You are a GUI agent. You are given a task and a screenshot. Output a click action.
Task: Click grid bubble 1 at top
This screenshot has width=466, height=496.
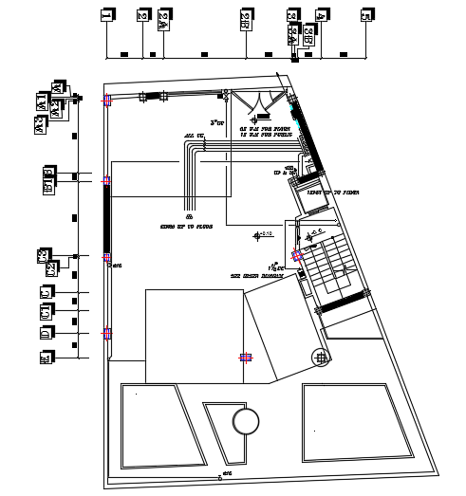[x=105, y=15]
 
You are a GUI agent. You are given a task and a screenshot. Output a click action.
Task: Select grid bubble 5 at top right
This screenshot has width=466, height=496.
[x=365, y=15]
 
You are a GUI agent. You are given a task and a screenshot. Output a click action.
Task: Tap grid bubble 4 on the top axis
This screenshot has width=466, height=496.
[x=322, y=15]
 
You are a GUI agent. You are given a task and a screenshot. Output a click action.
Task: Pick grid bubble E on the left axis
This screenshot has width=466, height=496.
[x=46, y=358]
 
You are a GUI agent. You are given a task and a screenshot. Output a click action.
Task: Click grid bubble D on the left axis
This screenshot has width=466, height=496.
[x=46, y=333]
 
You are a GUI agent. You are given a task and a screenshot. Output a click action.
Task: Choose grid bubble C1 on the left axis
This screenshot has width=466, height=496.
[x=46, y=312]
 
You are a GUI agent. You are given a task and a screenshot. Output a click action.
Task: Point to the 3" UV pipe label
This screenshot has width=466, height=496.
[x=217, y=123]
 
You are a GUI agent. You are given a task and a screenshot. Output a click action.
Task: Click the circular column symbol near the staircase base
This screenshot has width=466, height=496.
[x=322, y=357]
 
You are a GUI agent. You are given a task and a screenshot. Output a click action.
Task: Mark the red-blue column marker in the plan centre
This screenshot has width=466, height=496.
[x=246, y=358]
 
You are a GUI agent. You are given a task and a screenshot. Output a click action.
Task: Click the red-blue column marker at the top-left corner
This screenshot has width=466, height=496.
[x=107, y=100]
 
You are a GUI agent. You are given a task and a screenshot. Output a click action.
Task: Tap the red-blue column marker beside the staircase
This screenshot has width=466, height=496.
[x=297, y=254]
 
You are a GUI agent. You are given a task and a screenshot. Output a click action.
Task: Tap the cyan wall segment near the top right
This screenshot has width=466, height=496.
[x=301, y=124]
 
